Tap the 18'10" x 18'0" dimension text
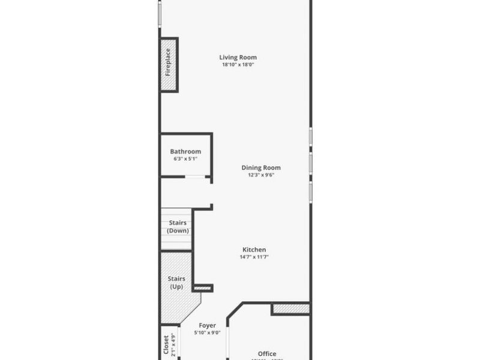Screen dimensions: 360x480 click(x=238, y=65)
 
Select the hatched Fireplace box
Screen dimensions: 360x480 click(x=169, y=65)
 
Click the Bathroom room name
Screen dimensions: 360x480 click(x=185, y=152)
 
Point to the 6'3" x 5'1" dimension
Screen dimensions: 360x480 click(x=185, y=159)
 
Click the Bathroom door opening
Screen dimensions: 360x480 click(x=194, y=176)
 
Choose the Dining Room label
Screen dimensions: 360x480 click(x=261, y=168)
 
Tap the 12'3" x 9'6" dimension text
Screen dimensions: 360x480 click(x=261, y=175)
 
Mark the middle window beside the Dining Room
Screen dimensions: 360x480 click(x=310, y=162)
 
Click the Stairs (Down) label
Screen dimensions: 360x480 click(x=177, y=227)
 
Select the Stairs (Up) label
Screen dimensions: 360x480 click(x=176, y=283)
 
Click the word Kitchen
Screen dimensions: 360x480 click(x=254, y=250)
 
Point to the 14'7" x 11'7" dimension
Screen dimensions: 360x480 click(x=254, y=257)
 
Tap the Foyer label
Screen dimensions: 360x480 click(x=208, y=326)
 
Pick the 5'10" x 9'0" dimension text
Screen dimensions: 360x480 click(x=208, y=333)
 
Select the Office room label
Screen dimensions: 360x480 click(x=267, y=353)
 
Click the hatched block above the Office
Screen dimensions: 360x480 click(x=290, y=309)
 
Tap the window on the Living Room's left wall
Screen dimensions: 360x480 click(x=160, y=13)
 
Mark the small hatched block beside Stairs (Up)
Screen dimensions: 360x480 click(x=203, y=289)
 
